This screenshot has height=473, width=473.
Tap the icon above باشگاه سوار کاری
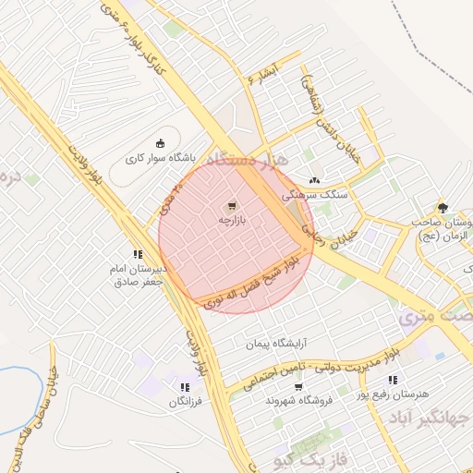tap(161, 142)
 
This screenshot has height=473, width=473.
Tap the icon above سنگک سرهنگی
tap(316, 180)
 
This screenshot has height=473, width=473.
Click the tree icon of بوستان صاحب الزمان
tap(443, 207)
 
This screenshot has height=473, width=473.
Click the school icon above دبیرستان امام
tap(138, 254)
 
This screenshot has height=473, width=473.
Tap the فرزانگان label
tap(184, 403)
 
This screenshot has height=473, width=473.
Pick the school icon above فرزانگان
tap(185, 387)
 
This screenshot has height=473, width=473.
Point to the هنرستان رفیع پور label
tap(424, 394)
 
